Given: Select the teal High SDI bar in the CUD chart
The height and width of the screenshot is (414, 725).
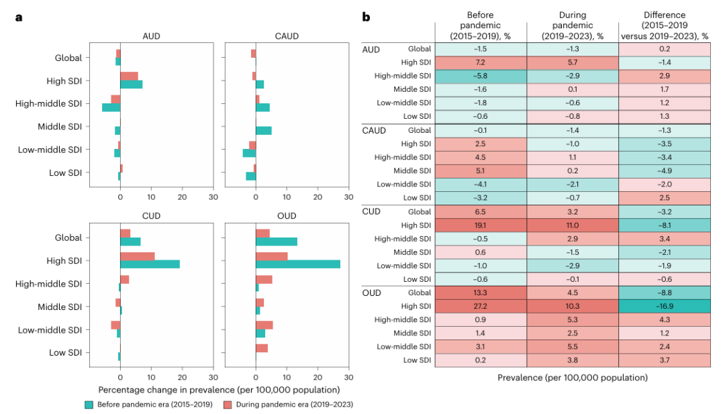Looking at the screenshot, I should click(150, 264).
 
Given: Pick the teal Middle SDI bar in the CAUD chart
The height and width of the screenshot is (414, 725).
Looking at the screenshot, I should click(264, 130).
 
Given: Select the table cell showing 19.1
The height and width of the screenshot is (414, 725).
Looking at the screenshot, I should click(481, 225).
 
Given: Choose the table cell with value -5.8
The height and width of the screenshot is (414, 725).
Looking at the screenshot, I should click(481, 75).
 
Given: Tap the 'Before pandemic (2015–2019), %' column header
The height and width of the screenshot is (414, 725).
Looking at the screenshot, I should click(481, 25).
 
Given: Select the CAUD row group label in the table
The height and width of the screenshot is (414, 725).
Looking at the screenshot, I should click(374, 130).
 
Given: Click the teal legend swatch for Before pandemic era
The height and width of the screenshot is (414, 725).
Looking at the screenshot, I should click(89, 404).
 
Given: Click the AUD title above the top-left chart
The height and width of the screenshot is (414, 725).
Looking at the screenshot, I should click(150, 36).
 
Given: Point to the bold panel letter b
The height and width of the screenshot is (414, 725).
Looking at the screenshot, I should click(366, 16).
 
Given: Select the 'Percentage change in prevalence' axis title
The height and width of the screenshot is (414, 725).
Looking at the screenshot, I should click(218, 389).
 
